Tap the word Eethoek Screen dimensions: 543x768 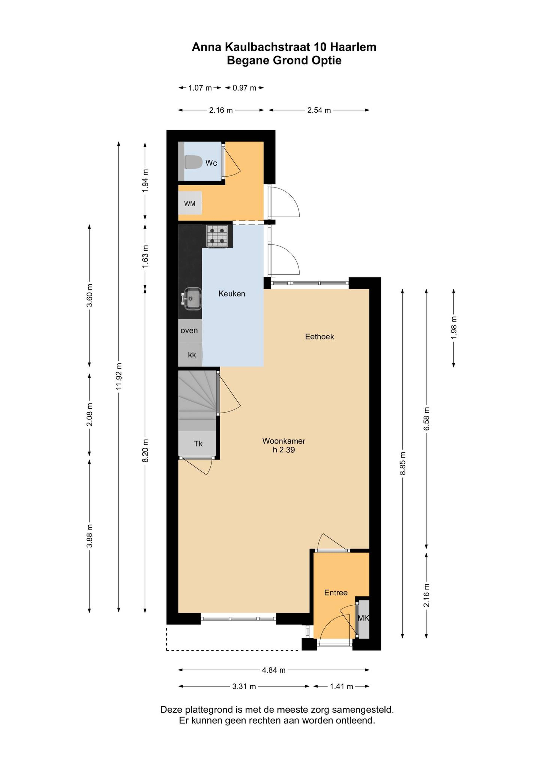320,337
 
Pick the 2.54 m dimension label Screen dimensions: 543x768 319,110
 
